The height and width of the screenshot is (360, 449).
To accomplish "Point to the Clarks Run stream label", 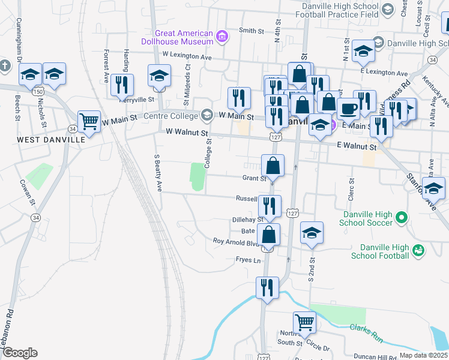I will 366,334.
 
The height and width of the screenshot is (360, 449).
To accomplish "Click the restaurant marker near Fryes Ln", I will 267,288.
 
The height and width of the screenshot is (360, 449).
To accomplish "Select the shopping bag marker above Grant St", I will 273,166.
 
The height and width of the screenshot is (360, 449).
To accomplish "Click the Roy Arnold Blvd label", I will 236,242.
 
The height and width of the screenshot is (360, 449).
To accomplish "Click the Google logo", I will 19,353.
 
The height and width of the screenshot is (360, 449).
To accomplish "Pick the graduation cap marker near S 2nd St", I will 312,233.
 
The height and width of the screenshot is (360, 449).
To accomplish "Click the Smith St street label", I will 252,31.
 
